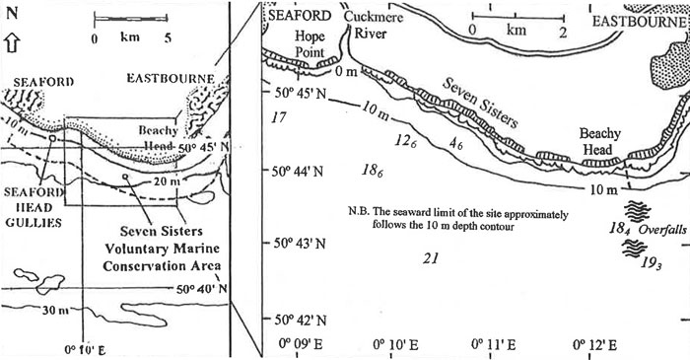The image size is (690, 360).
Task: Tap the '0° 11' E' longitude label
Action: tap(499, 344)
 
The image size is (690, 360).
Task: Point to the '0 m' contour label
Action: tap(345, 71)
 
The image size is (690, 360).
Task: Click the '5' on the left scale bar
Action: tap(169, 38)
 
